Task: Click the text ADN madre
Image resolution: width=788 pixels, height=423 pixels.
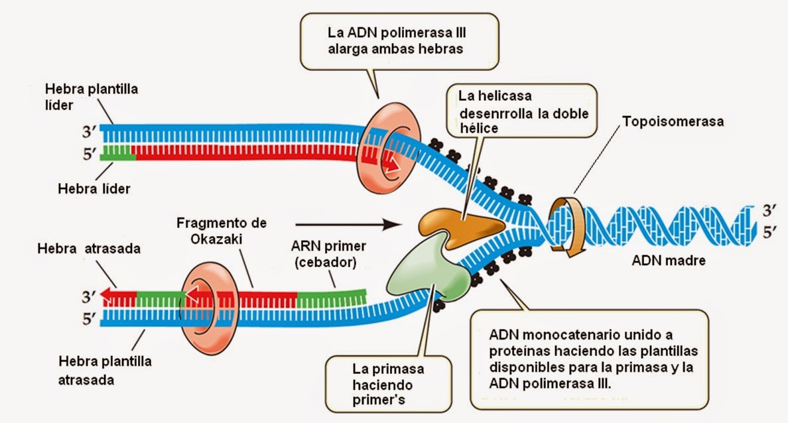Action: [667, 261]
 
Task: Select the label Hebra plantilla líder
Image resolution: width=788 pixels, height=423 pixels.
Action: [91, 97]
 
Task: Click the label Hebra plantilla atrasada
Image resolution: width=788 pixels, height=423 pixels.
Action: [104, 371]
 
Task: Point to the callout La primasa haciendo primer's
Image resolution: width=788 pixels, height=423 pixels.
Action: [389, 385]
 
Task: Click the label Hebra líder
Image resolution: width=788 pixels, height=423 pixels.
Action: [94, 188]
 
